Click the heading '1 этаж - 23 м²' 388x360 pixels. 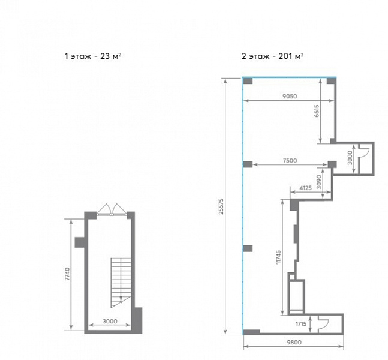pyautogui.click(x=92, y=56)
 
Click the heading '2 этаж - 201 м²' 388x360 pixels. pyautogui.click(x=272, y=56)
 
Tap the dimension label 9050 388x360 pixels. pyautogui.click(x=290, y=96)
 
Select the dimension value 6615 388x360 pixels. pyautogui.click(x=317, y=111)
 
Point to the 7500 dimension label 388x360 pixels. pyautogui.click(x=290, y=160)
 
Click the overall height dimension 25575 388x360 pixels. pyautogui.click(x=221, y=206)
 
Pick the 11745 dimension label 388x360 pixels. pyautogui.click(x=279, y=257)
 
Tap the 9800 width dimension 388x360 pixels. pyautogui.click(x=294, y=343)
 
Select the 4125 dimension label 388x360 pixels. pyautogui.click(x=306, y=188)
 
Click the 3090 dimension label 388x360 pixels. pyautogui.click(x=319, y=182)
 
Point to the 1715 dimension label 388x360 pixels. pyautogui.click(x=301, y=323)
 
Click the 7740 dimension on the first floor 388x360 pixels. pyautogui.click(x=67, y=274)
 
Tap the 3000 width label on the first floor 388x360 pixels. pyautogui.click(x=110, y=322)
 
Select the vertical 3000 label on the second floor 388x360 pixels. pyautogui.click(x=350, y=158)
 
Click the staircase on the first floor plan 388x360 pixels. pyautogui.click(x=121, y=283)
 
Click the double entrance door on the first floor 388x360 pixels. pyautogui.click(x=112, y=209)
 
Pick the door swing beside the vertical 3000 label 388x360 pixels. pyautogui.click(x=364, y=149)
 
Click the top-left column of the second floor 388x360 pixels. pyautogui.click(x=248, y=81)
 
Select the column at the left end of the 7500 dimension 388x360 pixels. pyautogui.click(x=248, y=164)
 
